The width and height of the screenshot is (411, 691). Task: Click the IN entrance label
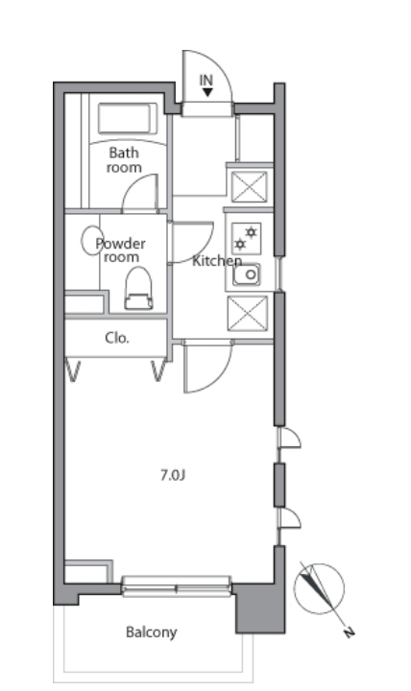[205, 81]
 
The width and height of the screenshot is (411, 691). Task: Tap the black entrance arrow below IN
[207, 92]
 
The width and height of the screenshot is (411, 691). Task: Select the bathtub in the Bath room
[128, 118]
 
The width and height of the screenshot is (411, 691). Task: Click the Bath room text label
[124, 160]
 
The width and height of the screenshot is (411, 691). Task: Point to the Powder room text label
[120, 250]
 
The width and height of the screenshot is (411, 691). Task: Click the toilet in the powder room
[138, 288]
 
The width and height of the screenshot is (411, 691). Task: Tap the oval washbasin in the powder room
[92, 241]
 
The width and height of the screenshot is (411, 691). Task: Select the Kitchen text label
[217, 261]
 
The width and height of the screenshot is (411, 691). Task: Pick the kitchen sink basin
[247, 275]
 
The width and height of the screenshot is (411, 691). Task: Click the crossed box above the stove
[249, 187]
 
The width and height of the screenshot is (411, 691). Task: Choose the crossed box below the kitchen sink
[248, 313]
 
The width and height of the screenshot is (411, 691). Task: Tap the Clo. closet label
[117, 338]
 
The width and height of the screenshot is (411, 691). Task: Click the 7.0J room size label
[173, 475]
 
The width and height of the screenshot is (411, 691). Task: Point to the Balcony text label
[152, 632]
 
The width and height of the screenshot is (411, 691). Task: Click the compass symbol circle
[319, 588]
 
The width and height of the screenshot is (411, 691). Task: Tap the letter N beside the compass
[349, 633]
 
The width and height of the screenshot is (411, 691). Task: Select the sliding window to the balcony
[177, 586]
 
